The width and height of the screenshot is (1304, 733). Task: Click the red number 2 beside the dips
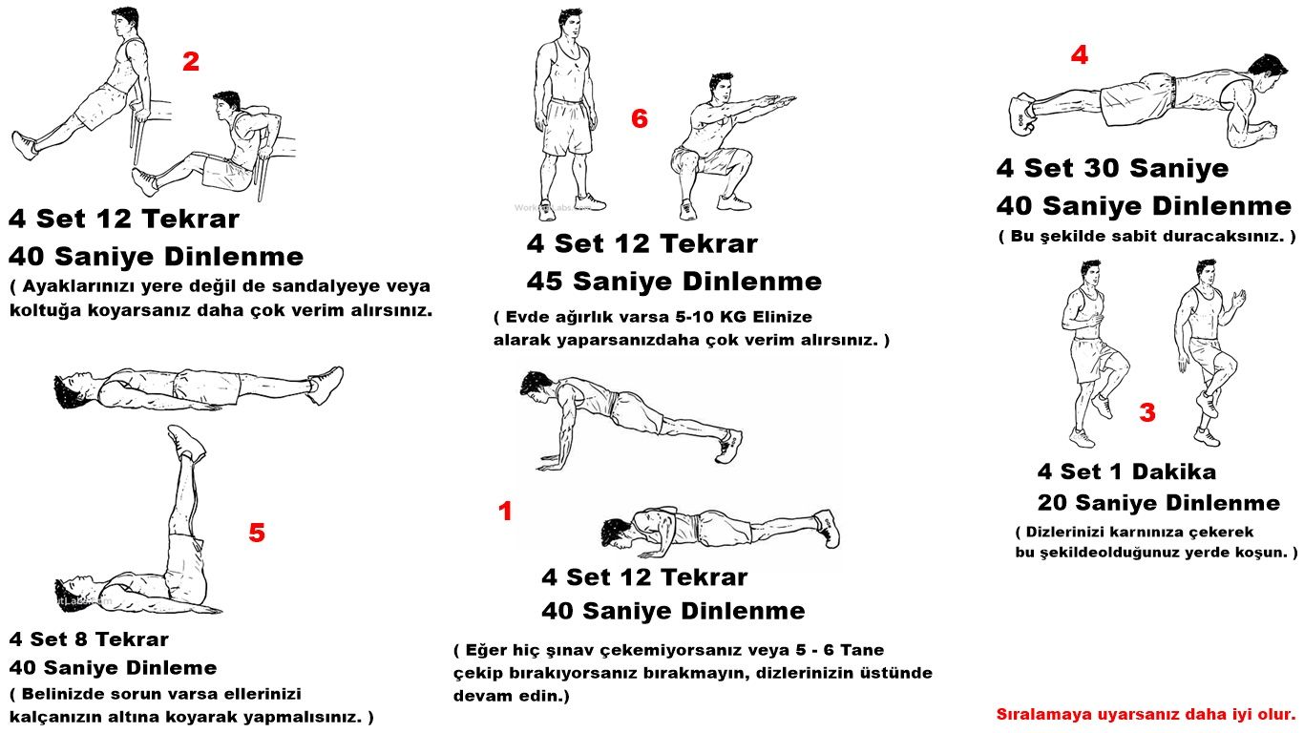click(x=191, y=62)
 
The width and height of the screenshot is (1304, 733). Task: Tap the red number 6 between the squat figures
click(x=640, y=118)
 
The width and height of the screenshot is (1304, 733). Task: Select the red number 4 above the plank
click(x=1080, y=54)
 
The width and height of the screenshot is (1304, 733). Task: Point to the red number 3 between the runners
click(x=1147, y=412)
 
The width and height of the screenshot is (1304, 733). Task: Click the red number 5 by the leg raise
click(x=257, y=533)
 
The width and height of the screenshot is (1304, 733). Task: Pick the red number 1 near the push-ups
click(x=505, y=512)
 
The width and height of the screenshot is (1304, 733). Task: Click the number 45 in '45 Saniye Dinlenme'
click(x=545, y=282)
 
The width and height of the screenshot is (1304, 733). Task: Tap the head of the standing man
click(x=569, y=25)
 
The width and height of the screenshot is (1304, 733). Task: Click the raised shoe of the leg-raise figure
click(x=186, y=442)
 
